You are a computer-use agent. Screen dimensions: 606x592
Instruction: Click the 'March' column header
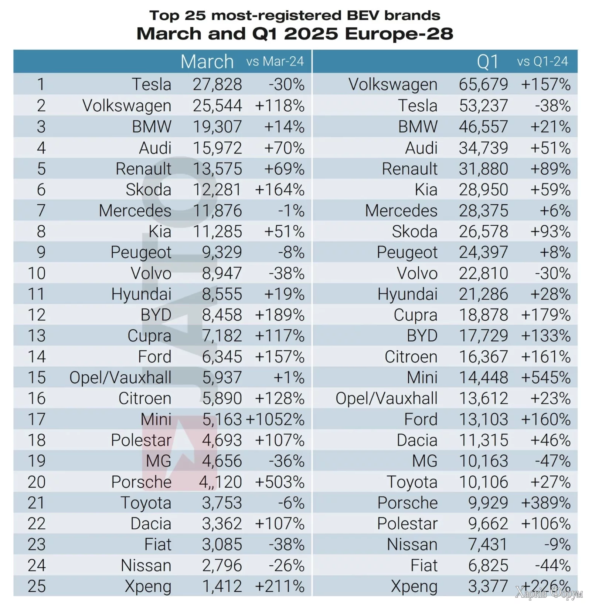[x=207, y=61]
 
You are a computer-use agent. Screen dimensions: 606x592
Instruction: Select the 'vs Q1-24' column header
[x=542, y=61]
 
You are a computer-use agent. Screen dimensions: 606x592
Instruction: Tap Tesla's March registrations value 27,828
[x=217, y=84]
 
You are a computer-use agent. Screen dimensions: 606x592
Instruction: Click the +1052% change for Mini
[x=275, y=420]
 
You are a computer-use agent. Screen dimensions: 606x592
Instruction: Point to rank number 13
[x=37, y=336]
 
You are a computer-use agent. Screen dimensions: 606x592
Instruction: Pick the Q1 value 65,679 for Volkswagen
[x=483, y=84]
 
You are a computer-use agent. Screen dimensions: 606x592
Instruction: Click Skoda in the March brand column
[x=148, y=190]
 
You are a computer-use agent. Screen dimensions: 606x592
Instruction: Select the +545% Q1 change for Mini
[x=546, y=378]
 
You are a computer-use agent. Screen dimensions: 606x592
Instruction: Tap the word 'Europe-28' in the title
[x=399, y=34]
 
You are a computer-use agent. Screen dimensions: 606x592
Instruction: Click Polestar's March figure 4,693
[x=222, y=440]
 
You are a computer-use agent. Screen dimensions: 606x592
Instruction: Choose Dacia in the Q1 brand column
[x=417, y=440]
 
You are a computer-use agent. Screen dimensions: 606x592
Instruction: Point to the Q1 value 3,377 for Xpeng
[x=488, y=586]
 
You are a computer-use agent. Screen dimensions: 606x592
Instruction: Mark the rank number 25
[x=37, y=586]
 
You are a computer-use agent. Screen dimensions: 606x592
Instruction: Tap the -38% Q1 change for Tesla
[x=553, y=106]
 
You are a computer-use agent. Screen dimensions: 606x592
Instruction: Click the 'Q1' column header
[x=487, y=61]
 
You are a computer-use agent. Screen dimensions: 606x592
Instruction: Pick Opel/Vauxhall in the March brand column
[x=120, y=378]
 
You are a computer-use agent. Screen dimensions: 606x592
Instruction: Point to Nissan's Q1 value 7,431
[x=488, y=545]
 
